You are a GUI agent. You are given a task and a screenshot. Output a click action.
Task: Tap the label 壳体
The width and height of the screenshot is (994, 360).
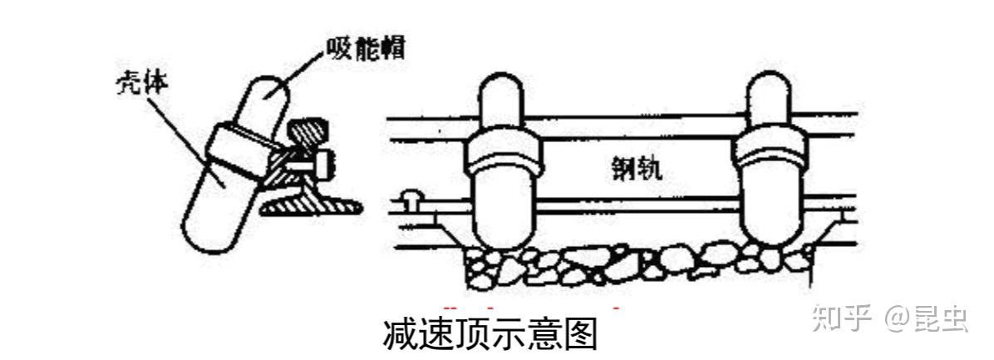click(135, 87)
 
